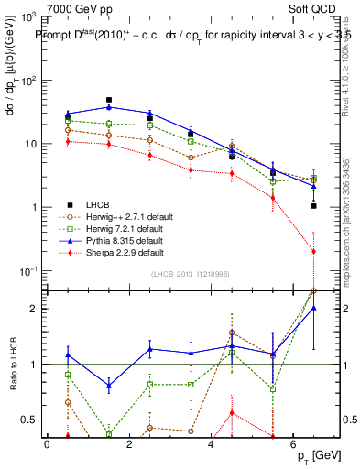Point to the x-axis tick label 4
point(211,442)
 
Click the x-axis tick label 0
point(47,442)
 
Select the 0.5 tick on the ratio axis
point(27,420)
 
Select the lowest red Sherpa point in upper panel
point(314,251)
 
